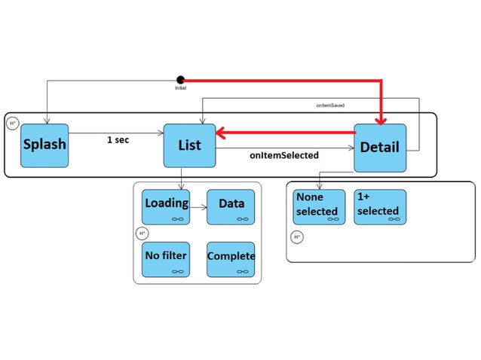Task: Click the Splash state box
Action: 44,145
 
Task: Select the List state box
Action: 189,145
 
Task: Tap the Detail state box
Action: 379,148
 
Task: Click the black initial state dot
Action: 180,80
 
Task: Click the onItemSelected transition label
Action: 283,155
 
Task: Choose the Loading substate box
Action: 166,206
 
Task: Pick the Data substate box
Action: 231,206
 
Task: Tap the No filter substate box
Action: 166,259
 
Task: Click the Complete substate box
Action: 231,259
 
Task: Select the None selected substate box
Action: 319,206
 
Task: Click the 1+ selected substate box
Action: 379,206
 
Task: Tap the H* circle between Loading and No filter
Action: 142,233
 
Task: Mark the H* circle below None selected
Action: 296,237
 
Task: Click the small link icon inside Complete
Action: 243,271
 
